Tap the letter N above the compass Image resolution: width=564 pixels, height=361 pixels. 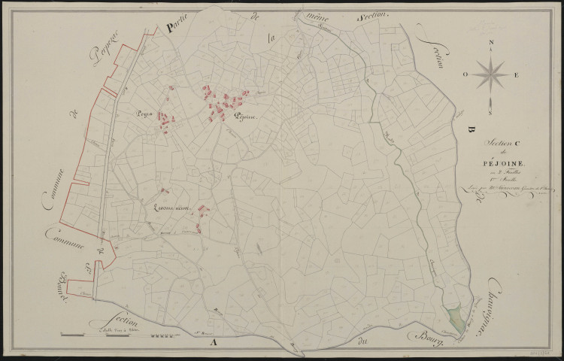coord(490,42)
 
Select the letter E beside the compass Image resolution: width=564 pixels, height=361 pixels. coord(516,75)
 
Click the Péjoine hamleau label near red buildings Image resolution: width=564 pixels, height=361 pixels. coord(245,117)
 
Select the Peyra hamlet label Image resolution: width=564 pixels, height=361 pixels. coord(144,114)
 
